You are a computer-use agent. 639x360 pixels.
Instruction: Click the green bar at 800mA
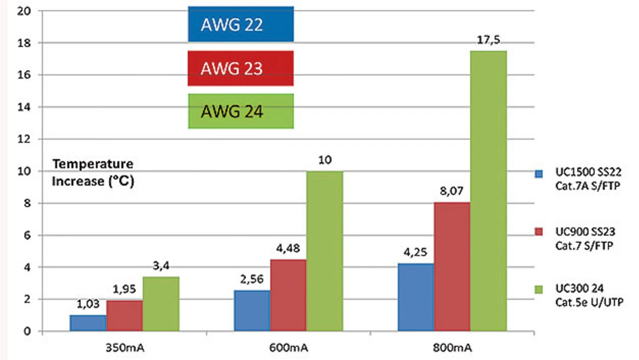(x=488, y=191)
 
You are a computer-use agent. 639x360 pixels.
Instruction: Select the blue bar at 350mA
(x=88, y=323)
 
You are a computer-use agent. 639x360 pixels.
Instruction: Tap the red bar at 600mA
(x=288, y=295)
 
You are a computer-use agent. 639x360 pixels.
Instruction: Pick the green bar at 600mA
(x=324, y=251)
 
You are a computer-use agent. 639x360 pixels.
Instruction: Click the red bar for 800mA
(x=452, y=267)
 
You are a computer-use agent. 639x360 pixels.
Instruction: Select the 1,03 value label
(x=88, y=305)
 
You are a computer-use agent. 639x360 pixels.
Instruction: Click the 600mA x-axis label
(x=288, y=347)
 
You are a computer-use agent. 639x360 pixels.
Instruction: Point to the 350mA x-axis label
(x=124, y=347)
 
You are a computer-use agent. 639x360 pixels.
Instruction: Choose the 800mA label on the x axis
(x=452, y=347)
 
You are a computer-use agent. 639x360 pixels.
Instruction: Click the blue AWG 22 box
(x=241, y=24)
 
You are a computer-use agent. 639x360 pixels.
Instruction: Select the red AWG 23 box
(x=241, y=68)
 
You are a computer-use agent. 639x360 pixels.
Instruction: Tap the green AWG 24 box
(x=241, y=111)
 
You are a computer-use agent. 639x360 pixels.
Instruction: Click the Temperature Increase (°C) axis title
(x=94, y=172)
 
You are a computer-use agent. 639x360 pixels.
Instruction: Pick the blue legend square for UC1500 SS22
(x=539, y=174)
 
